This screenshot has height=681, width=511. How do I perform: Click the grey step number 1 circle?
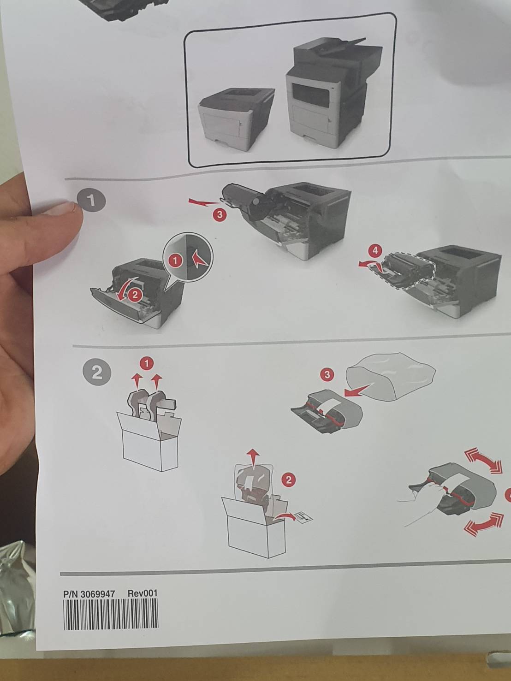[91, 201]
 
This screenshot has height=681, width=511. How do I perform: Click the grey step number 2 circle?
[96, 372]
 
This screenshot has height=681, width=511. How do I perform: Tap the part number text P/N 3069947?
[89, 593]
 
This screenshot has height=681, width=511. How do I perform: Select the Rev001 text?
[142, 593]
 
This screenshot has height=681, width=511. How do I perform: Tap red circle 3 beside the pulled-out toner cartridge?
[220, 214]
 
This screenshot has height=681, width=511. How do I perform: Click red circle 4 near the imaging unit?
[375, 251]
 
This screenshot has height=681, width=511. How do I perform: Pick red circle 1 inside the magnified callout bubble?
[175, 261]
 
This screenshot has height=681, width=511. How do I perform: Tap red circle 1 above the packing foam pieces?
[147, 364]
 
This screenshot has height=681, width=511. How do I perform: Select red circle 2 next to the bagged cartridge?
[289, 480]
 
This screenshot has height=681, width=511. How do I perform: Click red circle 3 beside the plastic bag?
[327, 374]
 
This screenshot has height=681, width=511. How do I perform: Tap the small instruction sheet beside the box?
[303, 517]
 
